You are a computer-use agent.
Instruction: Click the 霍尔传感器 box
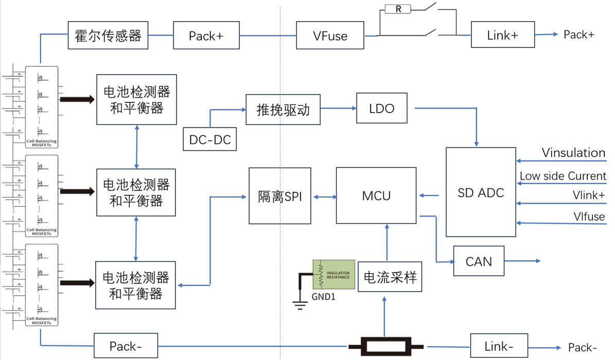[x=108, y=35]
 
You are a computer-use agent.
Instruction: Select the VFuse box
[x=330, y=35]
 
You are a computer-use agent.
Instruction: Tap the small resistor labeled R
[x=398, y=9]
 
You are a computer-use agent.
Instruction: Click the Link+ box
[x=503, y=35]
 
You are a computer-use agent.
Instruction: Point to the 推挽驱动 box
[x=283, y=109]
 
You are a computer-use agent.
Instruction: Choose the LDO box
[x=382, y=108]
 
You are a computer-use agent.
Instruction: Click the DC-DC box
[x=210, y=139]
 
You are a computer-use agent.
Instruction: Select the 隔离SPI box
[x=280, y=196]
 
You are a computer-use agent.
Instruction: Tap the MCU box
[x=376, y=195]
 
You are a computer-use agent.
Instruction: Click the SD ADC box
[x=481, y=192]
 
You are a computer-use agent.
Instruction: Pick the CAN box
[x=479, y=261]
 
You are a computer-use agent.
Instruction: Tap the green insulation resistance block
[x=334, y=274]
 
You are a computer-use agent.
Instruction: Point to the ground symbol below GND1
[x=300, y=305]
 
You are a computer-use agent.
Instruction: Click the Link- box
[x=499, y=346]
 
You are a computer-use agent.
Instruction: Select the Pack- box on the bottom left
[x=126, y=346]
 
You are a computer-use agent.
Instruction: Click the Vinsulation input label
[x=573, y=153]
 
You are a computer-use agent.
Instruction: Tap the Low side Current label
[x=563, y=176]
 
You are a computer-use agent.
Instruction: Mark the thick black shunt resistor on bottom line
[x=386, y=346]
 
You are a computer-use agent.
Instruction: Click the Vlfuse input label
[x=589, y=217]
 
